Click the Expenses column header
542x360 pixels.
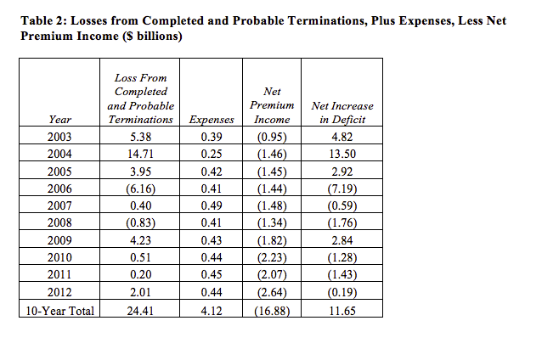point(212,120)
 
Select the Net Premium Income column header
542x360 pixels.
point(272,105)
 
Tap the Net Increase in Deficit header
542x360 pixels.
point(342,112)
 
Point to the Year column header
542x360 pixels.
point(59,120)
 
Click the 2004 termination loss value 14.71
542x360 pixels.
point(140,154)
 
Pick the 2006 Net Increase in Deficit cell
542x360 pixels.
point(342,188)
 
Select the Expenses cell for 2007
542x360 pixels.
point(212,205)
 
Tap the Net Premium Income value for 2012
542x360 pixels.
point(272,292)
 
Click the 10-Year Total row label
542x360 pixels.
point(59,311)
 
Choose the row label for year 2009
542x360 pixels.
point(59,240)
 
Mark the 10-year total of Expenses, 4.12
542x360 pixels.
point(212,311)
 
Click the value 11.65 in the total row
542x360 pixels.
point(342,311)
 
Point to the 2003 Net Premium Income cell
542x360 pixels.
point(272,137)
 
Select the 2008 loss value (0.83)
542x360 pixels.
point(140,222)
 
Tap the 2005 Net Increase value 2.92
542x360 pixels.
point(342,172)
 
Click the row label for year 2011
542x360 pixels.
point(59,274)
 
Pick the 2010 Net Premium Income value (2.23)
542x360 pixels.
point(272,257)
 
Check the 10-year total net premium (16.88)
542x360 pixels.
point(272,311)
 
